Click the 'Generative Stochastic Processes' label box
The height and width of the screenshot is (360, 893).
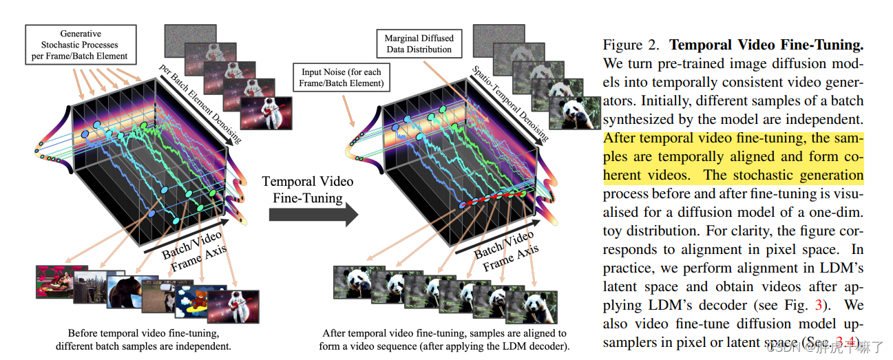[x=81, y=45]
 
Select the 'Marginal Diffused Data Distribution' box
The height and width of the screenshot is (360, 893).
[x=418, y=43]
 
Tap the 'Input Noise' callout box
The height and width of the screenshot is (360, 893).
[x=342, y=78]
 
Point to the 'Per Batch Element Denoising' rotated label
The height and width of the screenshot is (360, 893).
[x=199, y=104]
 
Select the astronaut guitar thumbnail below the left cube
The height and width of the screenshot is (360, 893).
[x=233, y=307]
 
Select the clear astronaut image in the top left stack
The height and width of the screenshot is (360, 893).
[x=265, y=113]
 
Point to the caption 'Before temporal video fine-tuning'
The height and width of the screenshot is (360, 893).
[x=144, y=333]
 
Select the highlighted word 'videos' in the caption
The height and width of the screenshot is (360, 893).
[x=661, y=176]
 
